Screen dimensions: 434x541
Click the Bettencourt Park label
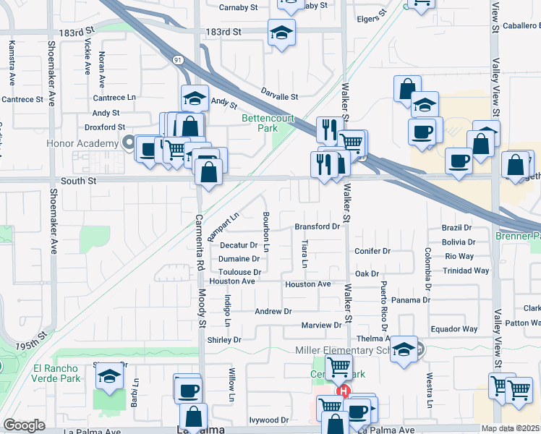coord(260,122)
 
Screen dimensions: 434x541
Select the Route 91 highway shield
coord(177,59)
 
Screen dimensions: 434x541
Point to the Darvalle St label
coord(279,96)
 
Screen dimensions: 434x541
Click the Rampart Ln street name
coord(223,226)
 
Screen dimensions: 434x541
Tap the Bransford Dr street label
coord(317,226)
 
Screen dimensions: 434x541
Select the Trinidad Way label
coord(467,271)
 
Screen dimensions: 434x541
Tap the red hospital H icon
coord(345,391)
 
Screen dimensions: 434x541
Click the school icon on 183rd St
coord(281,32)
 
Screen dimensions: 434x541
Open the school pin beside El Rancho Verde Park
coord(109,376)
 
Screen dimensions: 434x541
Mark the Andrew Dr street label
coord(273,311)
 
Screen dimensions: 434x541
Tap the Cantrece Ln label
coord(114,97)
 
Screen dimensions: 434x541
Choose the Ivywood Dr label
coord(268,420)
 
